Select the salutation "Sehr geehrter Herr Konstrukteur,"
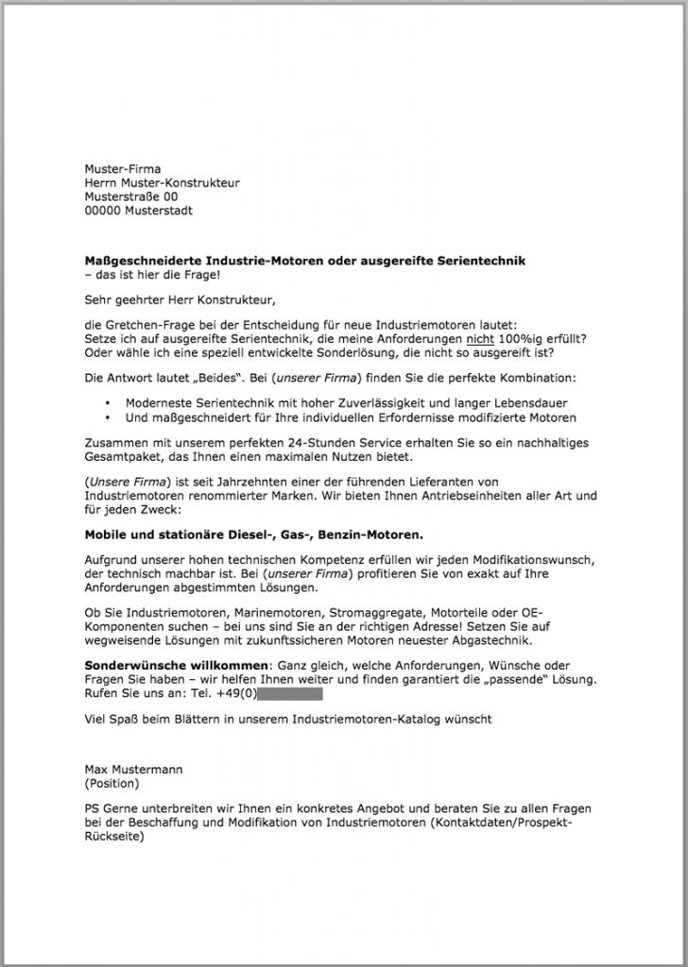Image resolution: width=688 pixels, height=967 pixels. pos(180,301)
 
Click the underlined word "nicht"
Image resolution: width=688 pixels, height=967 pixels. pos(479,339)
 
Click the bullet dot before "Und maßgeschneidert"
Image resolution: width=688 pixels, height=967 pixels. pos(112,417)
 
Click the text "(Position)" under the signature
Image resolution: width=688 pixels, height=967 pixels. pos(112,783)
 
